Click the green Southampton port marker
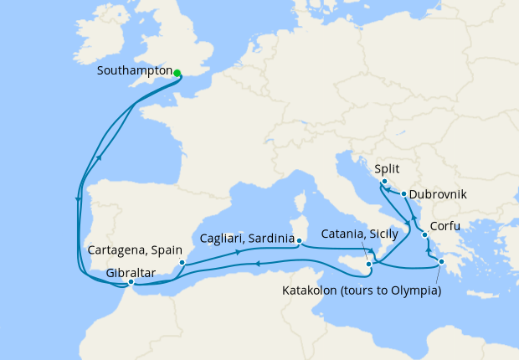(x=177, y=73)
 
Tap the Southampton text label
(x=135, y=72)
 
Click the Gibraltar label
(x=130, y=272)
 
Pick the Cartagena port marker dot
(x=182, y=262)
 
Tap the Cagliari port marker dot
(x=298, y=241)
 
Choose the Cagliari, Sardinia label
(x=247, y=239)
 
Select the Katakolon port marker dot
(x=441, y=265)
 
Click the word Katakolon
(x=311, y=291)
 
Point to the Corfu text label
(x=444, y=227)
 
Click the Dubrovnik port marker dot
(x=404, y=194)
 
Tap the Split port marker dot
(x=383, y=182)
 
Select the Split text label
(x=386, y=168)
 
